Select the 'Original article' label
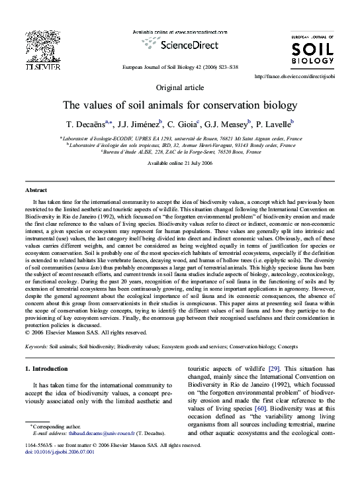pyautogui.click(x=179, y=87)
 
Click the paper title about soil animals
pyautogui.click(x=179, y=105)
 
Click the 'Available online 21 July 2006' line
pyautogui.click(x=179, y=162)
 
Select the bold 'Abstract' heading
pyautogui.click(x=36, y=190)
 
